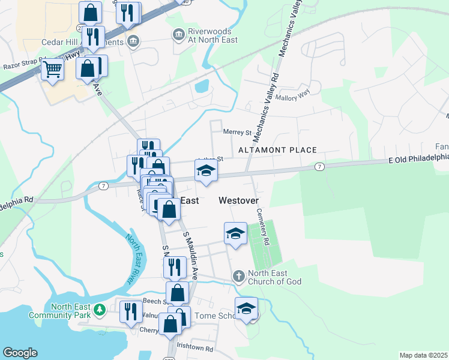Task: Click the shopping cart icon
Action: click(x=53, y=70)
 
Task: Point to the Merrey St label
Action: click(x=237, y=132)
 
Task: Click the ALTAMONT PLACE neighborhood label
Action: click(x=277, y=149)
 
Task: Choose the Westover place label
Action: click(x=238, y=201)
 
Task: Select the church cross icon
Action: click(x=238, y=276)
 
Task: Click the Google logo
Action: click(x=20, y=353)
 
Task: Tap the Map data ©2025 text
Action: click(x=423, y=355)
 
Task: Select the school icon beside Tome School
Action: click(x=246, y=308)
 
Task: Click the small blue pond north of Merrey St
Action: click(x=202, y=86)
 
